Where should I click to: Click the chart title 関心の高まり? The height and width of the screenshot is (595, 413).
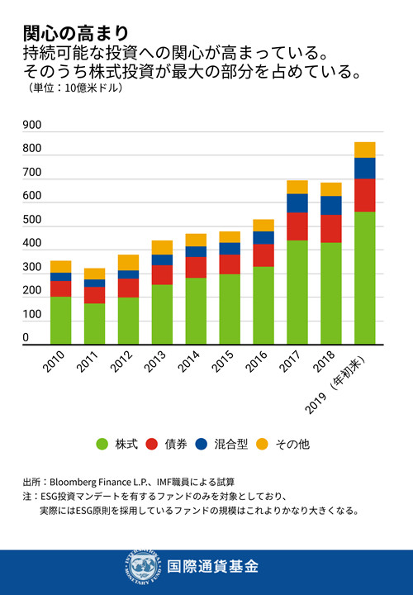pyautogui.click(x=76, y=33)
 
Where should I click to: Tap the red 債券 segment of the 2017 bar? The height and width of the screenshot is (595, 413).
pyautogui.click(x=297, y=226)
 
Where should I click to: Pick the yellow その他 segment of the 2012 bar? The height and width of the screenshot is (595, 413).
pyautogui.click(x=128, y=262)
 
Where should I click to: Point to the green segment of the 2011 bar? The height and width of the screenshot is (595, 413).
pyautogui.click(x=94, y=323)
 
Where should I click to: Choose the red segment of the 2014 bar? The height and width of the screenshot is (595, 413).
pyautogui.click(x=196, y=267)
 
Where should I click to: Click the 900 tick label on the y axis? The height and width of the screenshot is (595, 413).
pyautogui.click(x=32, y=126)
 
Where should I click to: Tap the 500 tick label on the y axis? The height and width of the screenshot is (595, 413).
pyautogui.click(x=32, y=221)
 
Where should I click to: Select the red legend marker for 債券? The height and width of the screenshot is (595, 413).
pyautogui.click(x=152, y=445)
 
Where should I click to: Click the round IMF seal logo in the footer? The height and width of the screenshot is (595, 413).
pyautogui.click(x=144, y=567)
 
